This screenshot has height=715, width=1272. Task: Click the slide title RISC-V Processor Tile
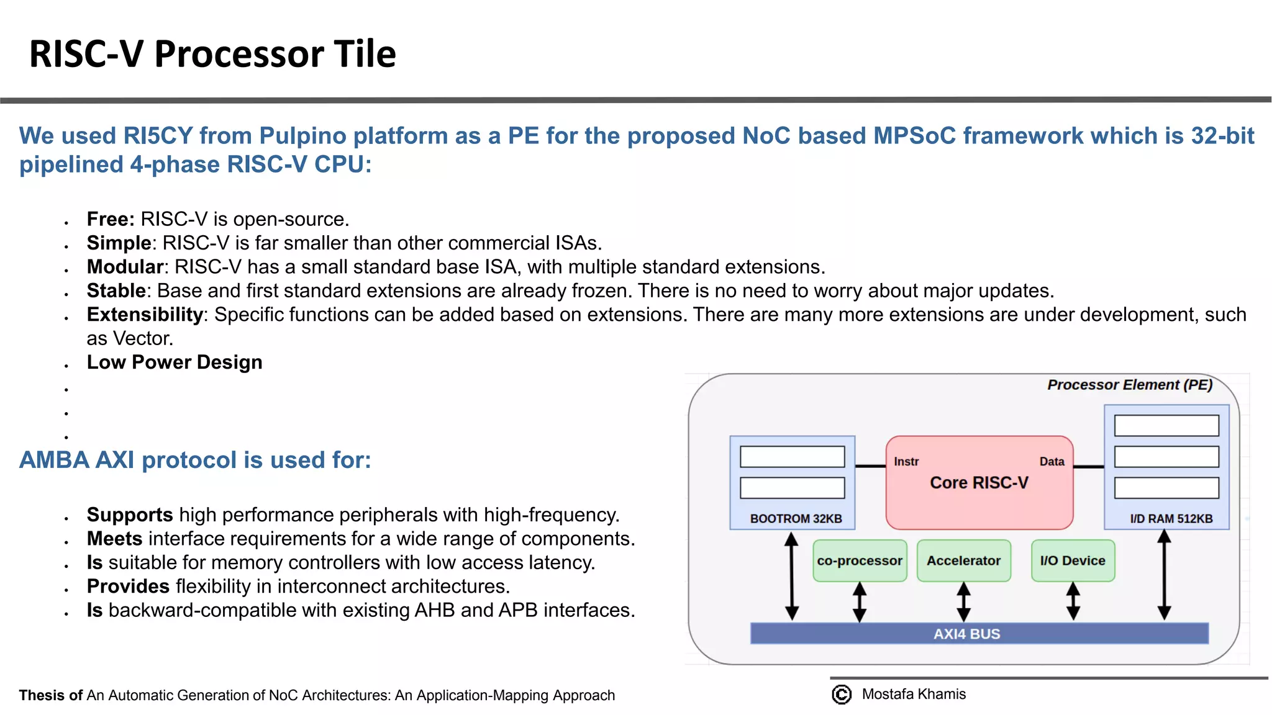click(x=212, y=53)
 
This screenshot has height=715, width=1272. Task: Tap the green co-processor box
click(x=860, y=560)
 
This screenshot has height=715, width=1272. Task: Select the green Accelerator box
click(x=963, y=560)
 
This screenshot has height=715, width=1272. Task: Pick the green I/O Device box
click(x=1073, y=560)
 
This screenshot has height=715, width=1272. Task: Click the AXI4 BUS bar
click(x=979, y=634)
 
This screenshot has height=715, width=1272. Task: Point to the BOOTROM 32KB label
click(x=796, y=518)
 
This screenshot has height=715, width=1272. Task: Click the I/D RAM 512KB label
click(x=1171, y=518)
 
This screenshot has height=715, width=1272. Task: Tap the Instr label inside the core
click(x=906, y=462)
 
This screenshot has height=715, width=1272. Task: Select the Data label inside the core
click(x=1052, y=462)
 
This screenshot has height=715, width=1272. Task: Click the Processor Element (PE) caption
click(x=1129, y=385)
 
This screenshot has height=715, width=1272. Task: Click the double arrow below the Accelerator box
click(x=963, y=601)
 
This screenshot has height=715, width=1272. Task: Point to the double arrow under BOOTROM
click(x=791, y=576)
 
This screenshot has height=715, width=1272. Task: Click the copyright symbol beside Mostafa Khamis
click(x=842, y=694)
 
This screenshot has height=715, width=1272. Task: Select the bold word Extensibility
click(x=145, y=315)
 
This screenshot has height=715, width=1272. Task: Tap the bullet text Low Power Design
click(x=175, y=362)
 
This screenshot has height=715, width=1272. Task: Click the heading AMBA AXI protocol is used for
click(x=195, y=460)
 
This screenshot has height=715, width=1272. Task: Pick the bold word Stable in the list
click(x=116, y=290)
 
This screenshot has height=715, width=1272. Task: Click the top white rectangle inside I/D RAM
click(x=1166, y=426)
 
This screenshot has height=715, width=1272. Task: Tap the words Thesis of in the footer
click(x=50, y=695)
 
